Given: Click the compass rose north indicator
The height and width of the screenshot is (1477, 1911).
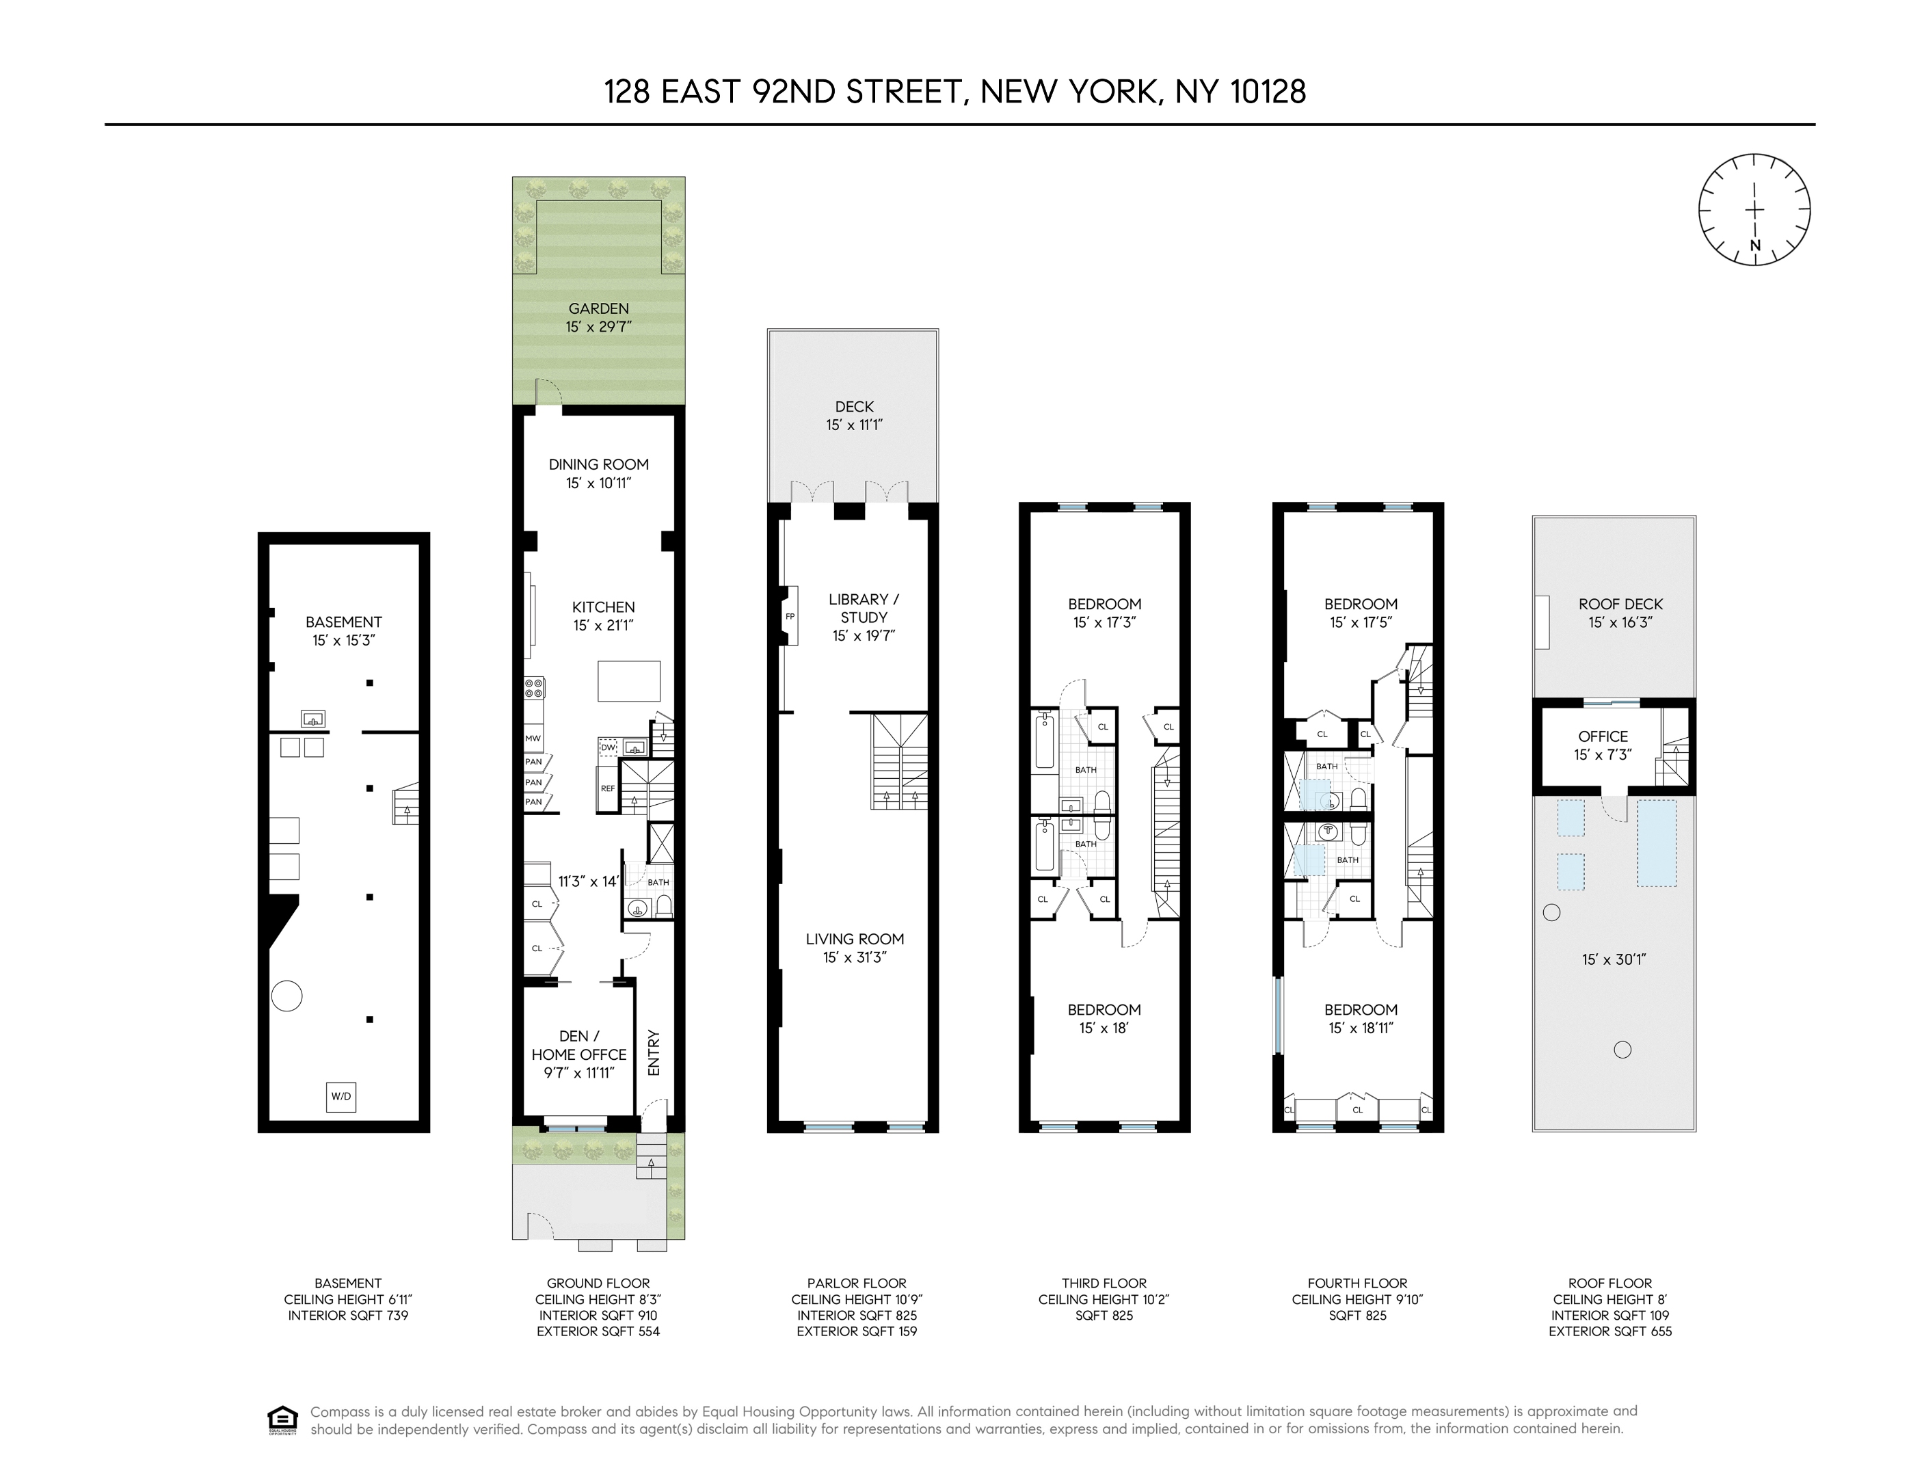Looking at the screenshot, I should tap(1754, 246).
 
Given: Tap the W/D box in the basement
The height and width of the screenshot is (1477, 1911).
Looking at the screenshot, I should tap(341, 1096).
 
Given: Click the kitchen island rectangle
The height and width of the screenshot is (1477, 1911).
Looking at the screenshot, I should tap(628, 681).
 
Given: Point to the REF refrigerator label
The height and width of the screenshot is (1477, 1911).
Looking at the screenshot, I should tap(607, 788).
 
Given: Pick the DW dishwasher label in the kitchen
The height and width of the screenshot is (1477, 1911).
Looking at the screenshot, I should tap(608, 747).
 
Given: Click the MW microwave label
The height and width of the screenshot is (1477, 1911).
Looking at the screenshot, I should tap(533, 738).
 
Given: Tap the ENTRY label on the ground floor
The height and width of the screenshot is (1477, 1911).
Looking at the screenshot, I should tap(654, 1052).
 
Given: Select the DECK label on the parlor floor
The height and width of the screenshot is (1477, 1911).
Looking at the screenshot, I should tap(854, 407).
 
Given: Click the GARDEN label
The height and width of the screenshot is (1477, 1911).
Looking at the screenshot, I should tap(598, 308).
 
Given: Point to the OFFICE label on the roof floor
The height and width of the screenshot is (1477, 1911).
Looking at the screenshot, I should tap(1603, 736).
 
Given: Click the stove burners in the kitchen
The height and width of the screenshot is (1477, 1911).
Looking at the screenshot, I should tap(534, 688).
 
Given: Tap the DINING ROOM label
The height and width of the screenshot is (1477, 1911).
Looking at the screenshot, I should tap(598, 464).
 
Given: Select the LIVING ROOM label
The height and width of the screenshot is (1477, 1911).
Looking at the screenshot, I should tap(855, 939).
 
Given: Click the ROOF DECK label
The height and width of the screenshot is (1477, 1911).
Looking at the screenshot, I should tap(1620, 604).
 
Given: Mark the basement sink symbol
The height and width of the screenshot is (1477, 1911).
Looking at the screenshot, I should tap(313, 719).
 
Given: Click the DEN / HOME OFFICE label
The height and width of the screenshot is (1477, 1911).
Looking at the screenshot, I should tap(578, 1046).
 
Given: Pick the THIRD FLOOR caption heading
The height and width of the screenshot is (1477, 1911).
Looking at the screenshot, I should tap(1104, 1283).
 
